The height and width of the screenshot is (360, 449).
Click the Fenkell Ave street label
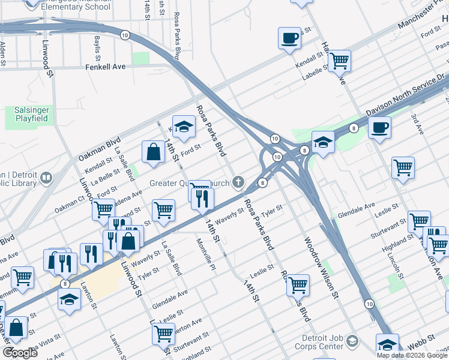tap(105, 67)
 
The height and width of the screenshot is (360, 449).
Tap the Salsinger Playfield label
tap(27, 115)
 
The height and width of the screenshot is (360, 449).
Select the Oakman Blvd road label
tap(97, 149)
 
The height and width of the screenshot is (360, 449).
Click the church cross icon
tap(239, 182)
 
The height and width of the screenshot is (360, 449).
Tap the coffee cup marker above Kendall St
tap(290, 38)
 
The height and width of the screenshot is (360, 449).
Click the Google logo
tap(19, 352)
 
